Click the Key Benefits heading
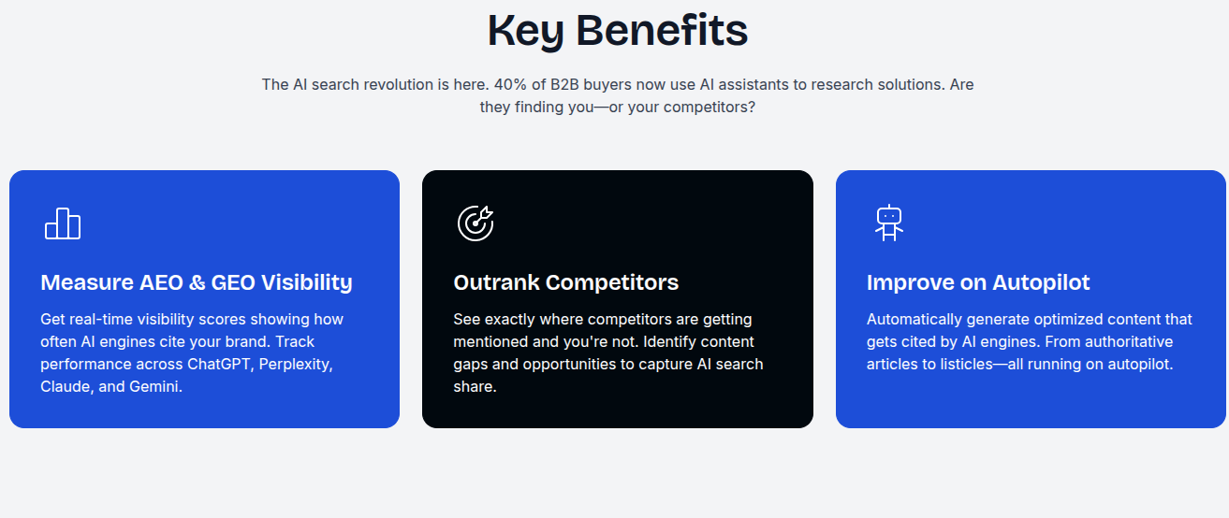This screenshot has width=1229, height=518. click(x=617, y=31)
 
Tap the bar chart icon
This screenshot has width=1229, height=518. click(x=63, y=223)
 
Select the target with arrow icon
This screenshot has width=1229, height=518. click(x=476, y=223)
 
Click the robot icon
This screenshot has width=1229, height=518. click(x=889, y=223)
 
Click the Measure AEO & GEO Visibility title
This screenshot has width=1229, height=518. click(x=197, y=282)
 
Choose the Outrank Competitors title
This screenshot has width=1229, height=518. click(x=565, y=282)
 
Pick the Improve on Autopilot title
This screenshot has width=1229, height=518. click(x=978, y=282)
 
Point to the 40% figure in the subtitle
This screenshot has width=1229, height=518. click(x=510, y=84)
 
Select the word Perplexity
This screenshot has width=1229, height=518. click(x=296, y=365)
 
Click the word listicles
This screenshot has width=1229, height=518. click(x=967, y=364)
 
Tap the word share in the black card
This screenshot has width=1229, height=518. click(x=475, y=386)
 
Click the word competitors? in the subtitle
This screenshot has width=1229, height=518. click(x=710, y=108)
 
